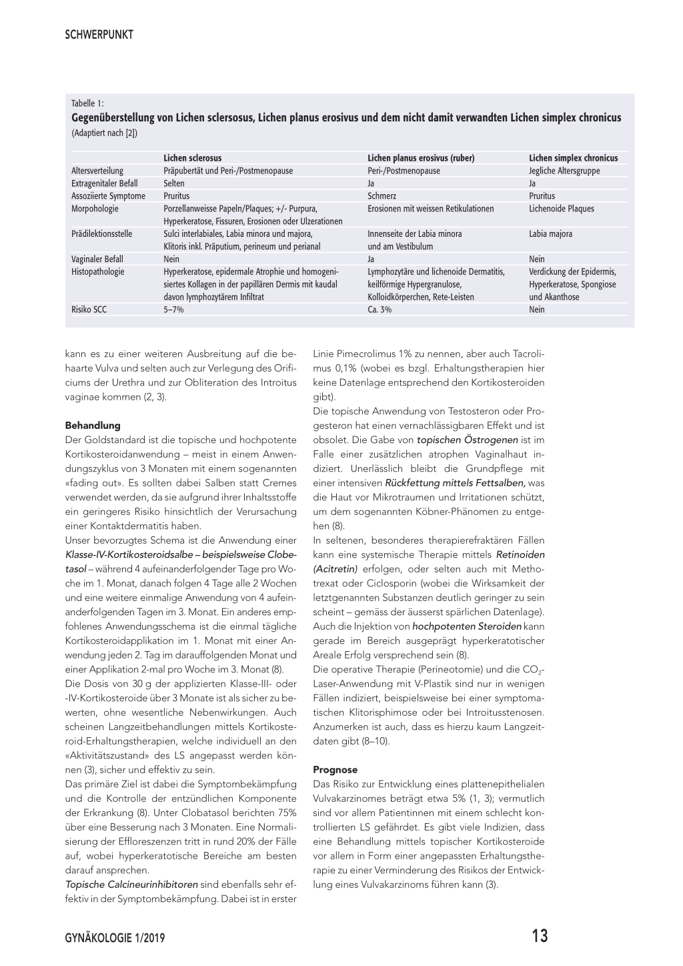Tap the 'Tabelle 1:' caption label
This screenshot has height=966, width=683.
(x=87, y=103)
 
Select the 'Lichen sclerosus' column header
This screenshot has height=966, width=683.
(x=193, y=158)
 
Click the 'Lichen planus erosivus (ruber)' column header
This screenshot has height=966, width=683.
(x=421, y=158)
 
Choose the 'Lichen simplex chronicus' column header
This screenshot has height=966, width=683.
(x=573, y=158)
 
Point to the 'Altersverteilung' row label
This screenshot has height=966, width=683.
(x=97, y=171)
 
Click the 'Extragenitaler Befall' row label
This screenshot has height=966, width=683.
(x=105, y=183)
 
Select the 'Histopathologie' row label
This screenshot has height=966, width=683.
(x=97, y=272)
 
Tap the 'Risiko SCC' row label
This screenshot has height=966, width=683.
(x=90, y=310)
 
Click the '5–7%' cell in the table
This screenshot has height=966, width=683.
(x=173, y=310)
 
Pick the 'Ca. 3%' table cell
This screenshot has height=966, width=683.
(x=380, y=310)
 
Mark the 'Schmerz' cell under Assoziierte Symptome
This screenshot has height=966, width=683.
(x=382, y=196)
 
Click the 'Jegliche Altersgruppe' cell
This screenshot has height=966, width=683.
(x=564, y=171)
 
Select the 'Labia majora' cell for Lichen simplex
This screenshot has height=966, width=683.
(x=550, y=234)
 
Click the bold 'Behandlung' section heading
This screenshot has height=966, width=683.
(x=93, y=425)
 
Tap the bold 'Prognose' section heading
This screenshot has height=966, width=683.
(x=335, y=769)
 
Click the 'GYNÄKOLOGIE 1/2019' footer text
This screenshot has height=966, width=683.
(x=115, y=937)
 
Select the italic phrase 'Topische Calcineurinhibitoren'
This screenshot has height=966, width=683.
(x=131, y=885)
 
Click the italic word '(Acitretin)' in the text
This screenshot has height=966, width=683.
(x=335, y=569)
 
